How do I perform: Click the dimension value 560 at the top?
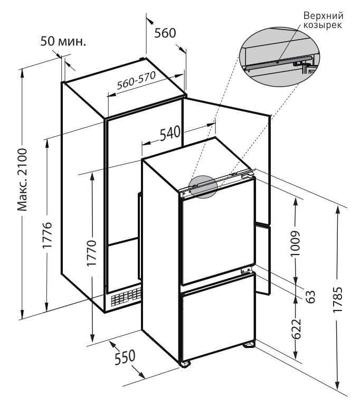(165, 33)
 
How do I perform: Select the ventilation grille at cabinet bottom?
(126, 298)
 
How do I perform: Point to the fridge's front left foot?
(184, 364)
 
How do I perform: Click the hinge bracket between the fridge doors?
(245, 270)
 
